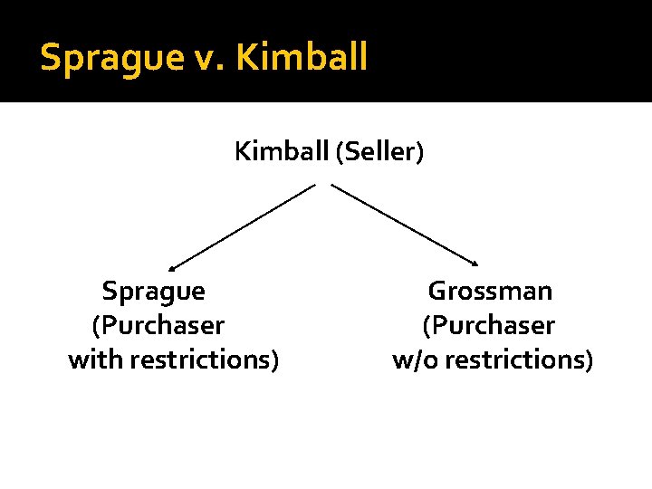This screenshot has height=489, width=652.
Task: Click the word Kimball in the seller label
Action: [x=282, y=151]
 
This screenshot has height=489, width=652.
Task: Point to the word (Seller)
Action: [x=379, y=151]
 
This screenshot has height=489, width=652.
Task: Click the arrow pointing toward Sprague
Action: [x=243, y=226]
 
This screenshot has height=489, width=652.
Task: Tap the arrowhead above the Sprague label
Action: [x=172, y=268]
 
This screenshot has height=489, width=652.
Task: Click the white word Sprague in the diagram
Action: [x=153, y=292]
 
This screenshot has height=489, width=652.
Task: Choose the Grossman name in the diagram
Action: [x=490, y=291]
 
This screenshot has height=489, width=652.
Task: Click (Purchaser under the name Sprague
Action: [x=158, y=325]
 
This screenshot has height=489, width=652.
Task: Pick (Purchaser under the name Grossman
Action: [x=489, y=325]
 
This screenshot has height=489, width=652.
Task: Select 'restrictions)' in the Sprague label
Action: [x=205, y=360]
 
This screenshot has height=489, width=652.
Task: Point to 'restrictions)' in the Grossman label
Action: [x=520, y=360]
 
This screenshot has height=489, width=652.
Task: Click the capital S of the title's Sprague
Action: [x=50, y=57]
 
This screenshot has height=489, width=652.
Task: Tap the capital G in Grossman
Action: [x=436, y=291]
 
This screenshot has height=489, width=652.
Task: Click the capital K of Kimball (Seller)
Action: [x=242, y=151]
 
